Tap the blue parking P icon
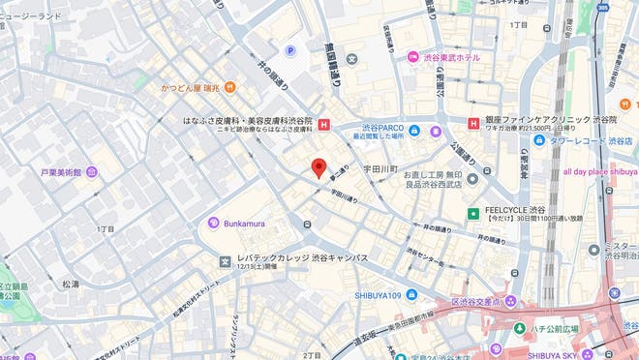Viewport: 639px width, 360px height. click(289, 50)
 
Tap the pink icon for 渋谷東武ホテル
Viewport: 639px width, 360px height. click(412, 57)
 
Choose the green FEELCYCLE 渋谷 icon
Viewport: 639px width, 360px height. click(473, 212)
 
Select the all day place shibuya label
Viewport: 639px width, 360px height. click(599, 172)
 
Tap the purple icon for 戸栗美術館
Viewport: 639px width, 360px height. click(92, 172)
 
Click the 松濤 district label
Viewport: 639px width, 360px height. click(71, 284)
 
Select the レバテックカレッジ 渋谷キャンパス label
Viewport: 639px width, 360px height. click(302, 258)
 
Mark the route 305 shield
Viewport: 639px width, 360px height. click(602, 7)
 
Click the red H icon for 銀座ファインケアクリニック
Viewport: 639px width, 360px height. click(473, 123)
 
